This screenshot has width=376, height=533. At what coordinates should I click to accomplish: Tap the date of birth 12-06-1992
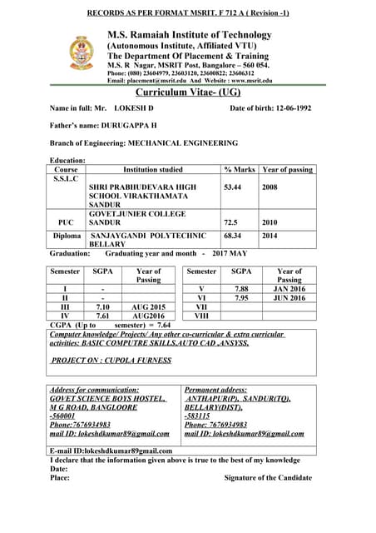tap(288, 108)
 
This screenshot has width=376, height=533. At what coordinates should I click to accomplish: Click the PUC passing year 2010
tap(270, 223)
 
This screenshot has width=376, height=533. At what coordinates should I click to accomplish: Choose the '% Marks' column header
tap(240, 169)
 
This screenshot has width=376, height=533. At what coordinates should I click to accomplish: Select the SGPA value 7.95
tap(241, 297)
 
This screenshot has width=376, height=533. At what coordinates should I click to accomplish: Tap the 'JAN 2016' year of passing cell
tap(289, 288)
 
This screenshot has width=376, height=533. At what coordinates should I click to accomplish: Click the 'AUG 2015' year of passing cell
tap(149, 306)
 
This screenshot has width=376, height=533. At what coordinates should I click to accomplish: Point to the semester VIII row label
tap(200, 316)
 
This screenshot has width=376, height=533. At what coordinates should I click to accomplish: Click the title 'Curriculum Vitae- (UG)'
tap(187, 93)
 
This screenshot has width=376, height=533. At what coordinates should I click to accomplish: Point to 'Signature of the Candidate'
tap(268, 477)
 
